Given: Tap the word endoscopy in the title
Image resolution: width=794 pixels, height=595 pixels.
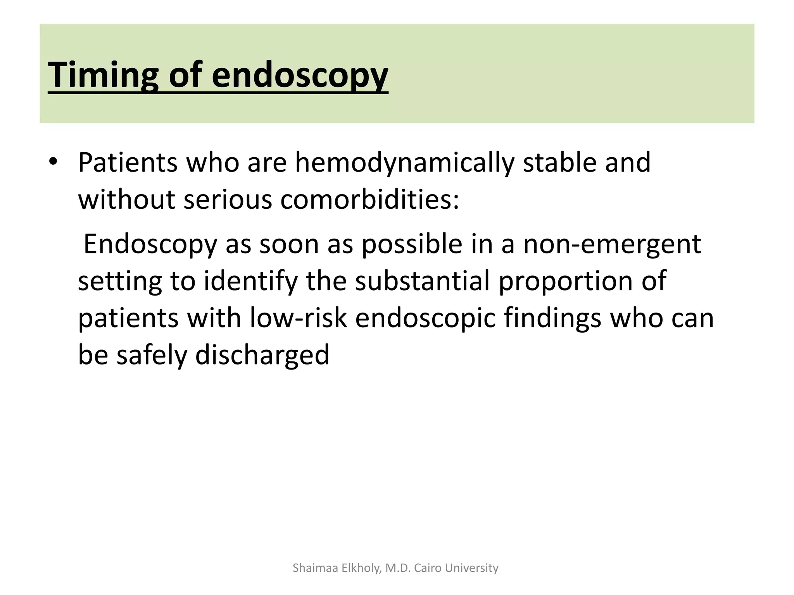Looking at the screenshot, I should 299,74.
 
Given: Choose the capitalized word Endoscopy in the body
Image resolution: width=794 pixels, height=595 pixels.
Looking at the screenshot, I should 150,244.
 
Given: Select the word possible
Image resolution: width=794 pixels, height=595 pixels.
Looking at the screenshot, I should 412,244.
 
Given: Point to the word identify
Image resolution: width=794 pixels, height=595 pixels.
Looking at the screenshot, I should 250,282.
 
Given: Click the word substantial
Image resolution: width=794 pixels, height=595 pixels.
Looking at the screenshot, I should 422,281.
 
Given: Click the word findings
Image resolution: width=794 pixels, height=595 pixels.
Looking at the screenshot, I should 552,318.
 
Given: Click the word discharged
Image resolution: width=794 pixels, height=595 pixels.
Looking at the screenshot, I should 262,355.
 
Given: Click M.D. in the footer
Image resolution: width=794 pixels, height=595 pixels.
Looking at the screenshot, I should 398,568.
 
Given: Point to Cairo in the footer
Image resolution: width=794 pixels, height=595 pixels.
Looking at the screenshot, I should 428,568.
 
